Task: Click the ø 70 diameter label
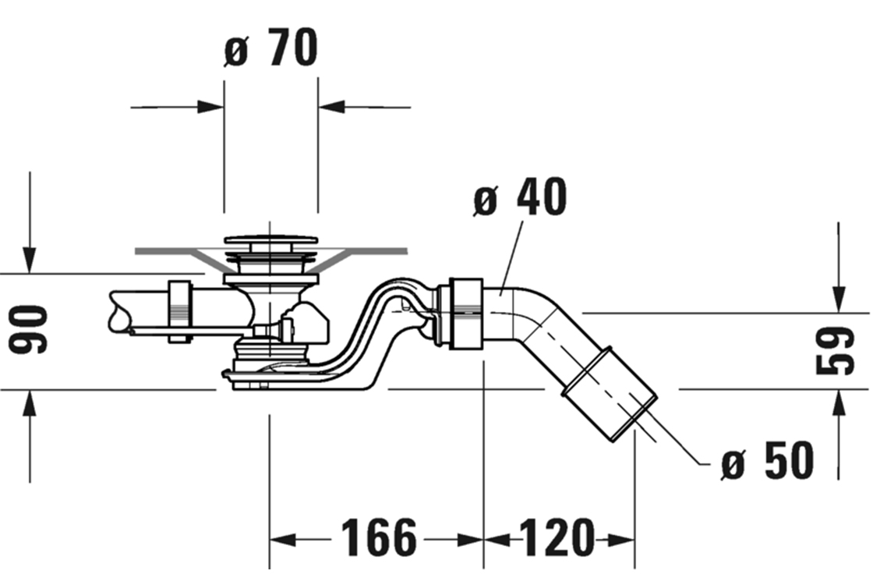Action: pos(271,48)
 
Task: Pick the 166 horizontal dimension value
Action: pos(378,538)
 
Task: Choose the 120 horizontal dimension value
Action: pos(557,538)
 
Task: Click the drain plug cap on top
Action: pos(270,241)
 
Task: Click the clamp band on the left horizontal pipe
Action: pos(181,308)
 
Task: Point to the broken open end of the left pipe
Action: pos(117,311)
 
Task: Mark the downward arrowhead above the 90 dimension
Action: pos(30,261)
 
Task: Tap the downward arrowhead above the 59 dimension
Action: pos(839,300)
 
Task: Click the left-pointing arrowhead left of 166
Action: pos(282,539)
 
